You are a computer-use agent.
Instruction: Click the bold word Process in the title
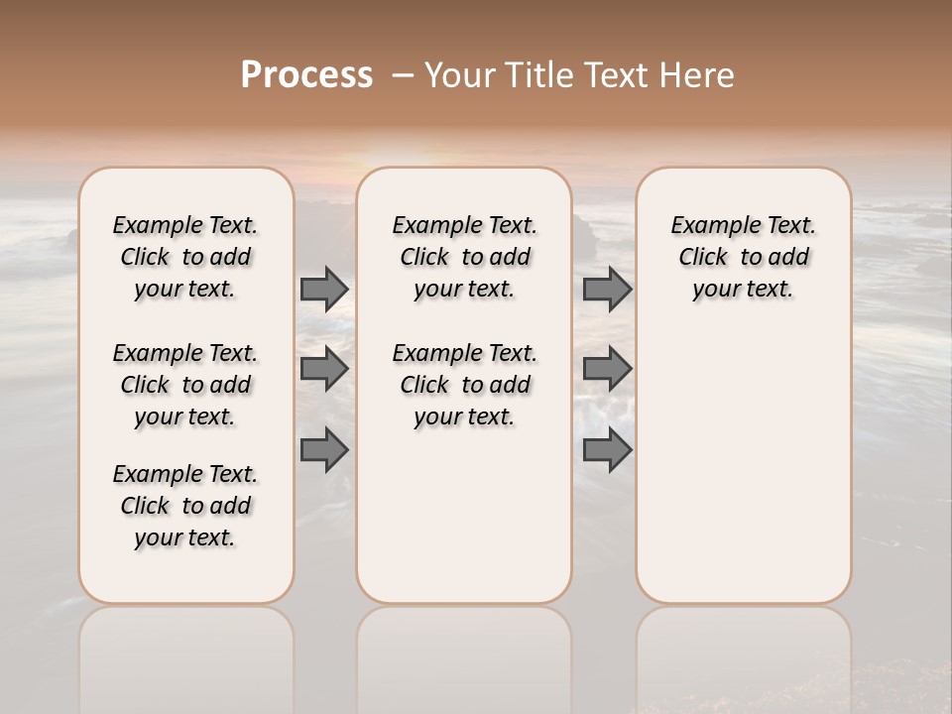[306, 75]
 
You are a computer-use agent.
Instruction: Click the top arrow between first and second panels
[324, 290]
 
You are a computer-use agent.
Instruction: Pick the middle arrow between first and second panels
[324, 369]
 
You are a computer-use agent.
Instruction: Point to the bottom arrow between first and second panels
[324, 450]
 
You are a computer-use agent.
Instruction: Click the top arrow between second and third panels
[607, 290]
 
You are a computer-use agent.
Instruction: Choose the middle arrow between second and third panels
[607, 369]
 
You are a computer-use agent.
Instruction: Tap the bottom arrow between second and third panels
[607, 450]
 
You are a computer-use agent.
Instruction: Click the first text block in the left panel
[185, 257]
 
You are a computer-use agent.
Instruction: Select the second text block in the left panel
[185, 385]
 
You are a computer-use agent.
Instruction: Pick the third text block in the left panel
[185, 506]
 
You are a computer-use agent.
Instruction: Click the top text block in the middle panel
[464, 257]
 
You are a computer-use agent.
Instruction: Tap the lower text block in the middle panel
[464, 385]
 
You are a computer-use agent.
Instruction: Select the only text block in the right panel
[743, 257]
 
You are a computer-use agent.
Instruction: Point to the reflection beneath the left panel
[186, 654]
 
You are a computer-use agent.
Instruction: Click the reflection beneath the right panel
[743, 654]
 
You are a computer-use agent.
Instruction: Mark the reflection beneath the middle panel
[464, 654]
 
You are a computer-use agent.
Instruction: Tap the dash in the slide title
[403, 75]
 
